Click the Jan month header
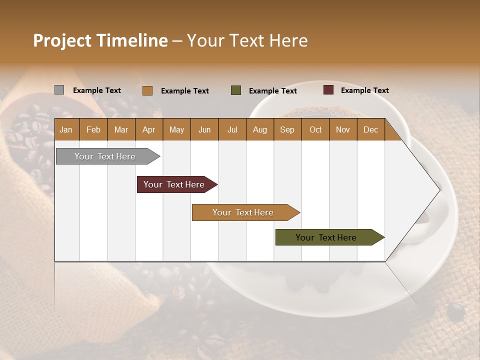(66, 129)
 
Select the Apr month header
(148, 129)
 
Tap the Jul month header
(232, 129)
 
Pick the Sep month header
(287, 129)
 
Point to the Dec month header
(370, 129)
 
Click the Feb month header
(93, 129)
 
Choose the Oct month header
(315, 129)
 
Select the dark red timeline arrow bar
(174, 184)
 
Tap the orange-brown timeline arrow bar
(243, 212)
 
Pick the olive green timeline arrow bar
(326, 237)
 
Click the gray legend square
(59, 90)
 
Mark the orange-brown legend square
(147, 90)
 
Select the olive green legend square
(236, 90)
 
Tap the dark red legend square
(328, 90)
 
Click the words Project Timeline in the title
(100, 40)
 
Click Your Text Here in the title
(247, 40)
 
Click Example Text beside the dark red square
(364, 90)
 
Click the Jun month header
(204, 129)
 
